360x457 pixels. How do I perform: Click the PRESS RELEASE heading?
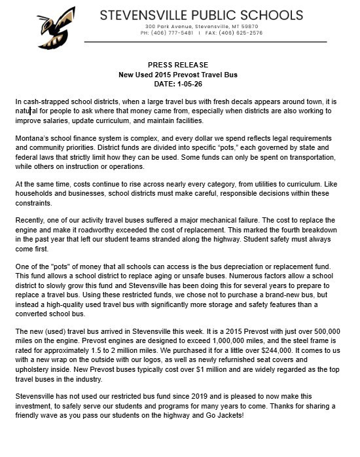pyautogui.click(x=177, y=65)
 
